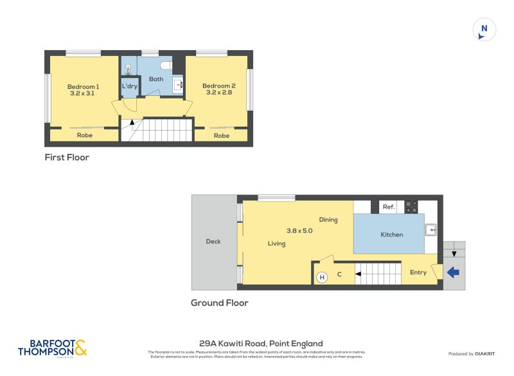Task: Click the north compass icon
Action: pos(484,30)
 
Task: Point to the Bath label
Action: pos(156,79)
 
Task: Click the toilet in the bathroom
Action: pos(166,65)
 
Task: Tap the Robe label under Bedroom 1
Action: pos(84,135)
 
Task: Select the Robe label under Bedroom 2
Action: pos(221,135)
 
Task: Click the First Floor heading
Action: pos(67,157)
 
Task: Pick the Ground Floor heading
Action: pos(219,303)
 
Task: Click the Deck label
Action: pos(213,241)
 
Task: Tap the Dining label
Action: pos(328,220)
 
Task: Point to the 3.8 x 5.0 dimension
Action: pos(299,230)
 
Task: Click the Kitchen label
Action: pos(391,234)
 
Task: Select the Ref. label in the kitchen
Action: pos(388,207)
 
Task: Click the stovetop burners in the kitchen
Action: pos(411,207)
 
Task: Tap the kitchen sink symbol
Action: pos(430,229)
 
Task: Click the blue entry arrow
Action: pos(453,272)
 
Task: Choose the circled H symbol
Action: pos(322,277)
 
